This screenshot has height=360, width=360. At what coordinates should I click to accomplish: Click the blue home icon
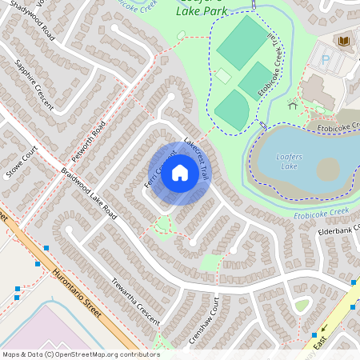[x=180, y=174]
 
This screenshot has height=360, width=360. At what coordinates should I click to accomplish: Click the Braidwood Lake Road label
[x=88, y=194]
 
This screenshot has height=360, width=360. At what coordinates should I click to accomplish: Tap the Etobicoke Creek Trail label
[x=273, y=67]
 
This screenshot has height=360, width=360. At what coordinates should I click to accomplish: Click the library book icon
[x=345, y=41]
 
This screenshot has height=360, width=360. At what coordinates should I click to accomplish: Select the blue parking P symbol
[x=325, y=58]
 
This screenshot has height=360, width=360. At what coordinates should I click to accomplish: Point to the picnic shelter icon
[x=293, y=105]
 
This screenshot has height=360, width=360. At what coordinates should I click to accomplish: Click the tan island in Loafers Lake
[x=327, y=170]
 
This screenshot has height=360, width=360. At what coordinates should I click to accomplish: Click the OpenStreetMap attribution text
[x=81, y=354]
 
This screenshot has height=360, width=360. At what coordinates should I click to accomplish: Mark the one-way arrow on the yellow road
[x=325, y=328]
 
